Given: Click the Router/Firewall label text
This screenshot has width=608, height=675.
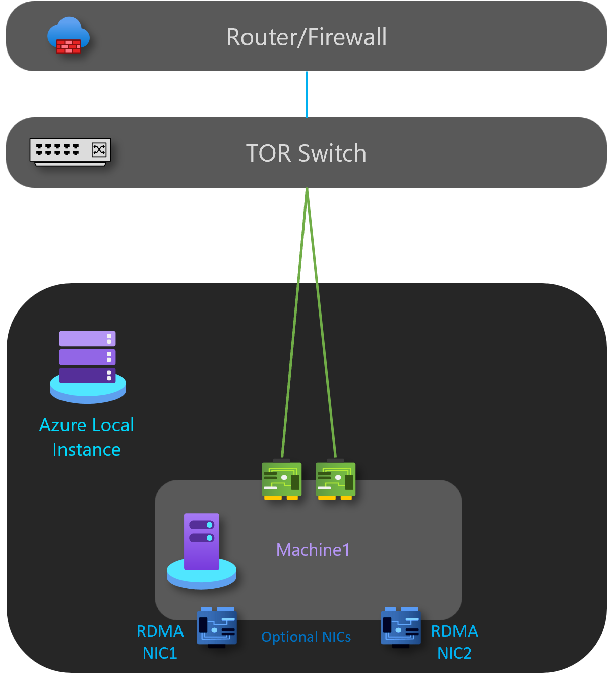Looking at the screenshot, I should tap(307, 37).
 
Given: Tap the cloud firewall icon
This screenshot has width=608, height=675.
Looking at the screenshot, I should tap(69, 35).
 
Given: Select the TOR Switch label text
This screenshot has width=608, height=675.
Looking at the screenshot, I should tap(306, 153).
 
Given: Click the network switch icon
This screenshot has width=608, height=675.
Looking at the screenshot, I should tap(70, 151).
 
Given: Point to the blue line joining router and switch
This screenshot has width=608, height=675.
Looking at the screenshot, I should tap(307, 94).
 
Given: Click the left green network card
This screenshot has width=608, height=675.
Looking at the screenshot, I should tap(281, 480).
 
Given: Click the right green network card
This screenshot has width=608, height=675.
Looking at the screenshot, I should tap(335, 480).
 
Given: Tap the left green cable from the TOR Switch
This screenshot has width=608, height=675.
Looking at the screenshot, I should tap(294, 328).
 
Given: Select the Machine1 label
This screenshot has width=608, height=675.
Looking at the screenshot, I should tap(313, 550).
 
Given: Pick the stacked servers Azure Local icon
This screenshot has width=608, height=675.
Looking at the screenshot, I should tap(88, 366).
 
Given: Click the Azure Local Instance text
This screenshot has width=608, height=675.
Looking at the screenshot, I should tap(87, 437).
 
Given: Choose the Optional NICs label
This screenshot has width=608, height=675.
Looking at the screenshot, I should tap(306, 637).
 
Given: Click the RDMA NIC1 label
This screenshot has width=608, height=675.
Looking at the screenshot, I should tap(160, 642).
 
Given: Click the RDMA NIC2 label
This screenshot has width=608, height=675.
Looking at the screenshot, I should tap(454, 642).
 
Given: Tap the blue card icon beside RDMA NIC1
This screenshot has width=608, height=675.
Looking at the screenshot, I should tap(217, 627).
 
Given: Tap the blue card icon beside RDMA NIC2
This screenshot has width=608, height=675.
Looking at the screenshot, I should tap(401, 627).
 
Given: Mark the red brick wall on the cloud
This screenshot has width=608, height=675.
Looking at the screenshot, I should tap(69, 46).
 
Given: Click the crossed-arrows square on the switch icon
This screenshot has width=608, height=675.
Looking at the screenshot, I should tap(99, 149).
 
